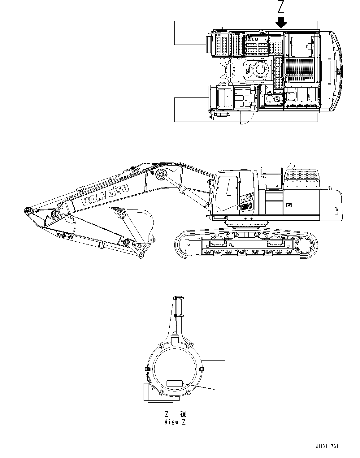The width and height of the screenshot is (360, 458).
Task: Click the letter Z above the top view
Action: coord(281,7)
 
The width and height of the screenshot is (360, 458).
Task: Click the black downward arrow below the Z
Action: coord(281,22)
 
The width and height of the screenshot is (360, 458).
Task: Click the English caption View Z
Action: coord(175,422)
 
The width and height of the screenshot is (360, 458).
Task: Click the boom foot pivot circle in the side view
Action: coord(161,175)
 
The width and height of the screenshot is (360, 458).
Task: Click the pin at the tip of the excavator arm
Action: coord(27,210)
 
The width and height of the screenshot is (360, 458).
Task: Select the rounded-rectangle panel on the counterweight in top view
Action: coord(326,71)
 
